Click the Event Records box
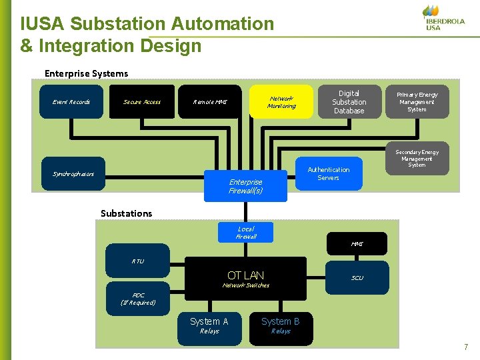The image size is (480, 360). tap(71, 102)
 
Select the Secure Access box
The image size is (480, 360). tap(142, 102)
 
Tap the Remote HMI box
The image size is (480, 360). tap(210, 102)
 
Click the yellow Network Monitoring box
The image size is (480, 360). tap(281, 102)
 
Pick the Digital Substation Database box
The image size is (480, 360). tap(349, 102)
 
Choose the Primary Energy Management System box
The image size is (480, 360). tap(417, 102)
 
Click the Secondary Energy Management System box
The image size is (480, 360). tap(417, 159)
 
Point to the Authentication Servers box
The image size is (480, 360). tap(328, 173)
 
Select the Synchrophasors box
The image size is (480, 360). tap(73, 174)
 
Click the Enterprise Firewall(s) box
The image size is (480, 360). tap(245, 186)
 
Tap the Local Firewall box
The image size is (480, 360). tap(245, 232)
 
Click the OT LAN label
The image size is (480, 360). tap(245, 275)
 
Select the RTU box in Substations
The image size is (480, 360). tap(138, 261)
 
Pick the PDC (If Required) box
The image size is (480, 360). tap(138, 299)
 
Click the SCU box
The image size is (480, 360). tap(357, 278)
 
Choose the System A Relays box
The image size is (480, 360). tap(209, 326)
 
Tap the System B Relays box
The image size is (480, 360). tap(281, 326)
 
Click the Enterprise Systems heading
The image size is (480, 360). tap(86, 73)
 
